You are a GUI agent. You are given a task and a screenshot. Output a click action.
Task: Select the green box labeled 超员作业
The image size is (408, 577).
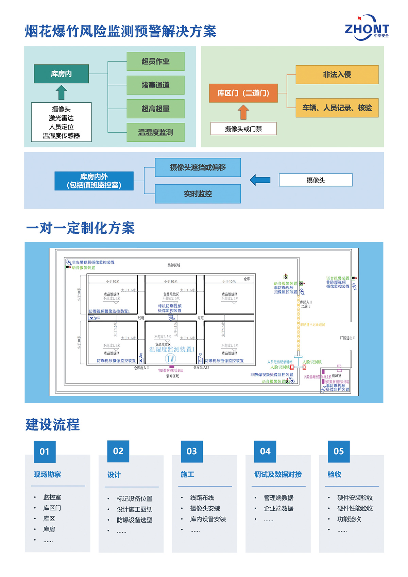point(155,62)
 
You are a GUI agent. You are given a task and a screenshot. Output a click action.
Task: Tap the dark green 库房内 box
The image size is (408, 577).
point(61,74)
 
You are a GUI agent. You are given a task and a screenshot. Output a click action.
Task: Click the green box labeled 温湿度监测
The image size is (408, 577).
point(155,132)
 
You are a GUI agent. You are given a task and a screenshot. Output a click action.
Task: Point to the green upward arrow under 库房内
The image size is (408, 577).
point(61,92)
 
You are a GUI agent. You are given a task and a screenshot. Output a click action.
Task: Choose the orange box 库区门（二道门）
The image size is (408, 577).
point(243,93)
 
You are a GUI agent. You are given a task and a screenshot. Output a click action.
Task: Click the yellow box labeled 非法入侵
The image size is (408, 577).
point(337,74)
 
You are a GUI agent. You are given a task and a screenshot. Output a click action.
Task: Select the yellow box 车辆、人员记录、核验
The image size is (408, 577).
point(337,108)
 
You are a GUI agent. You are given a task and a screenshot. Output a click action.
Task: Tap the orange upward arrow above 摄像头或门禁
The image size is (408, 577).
point(243,112)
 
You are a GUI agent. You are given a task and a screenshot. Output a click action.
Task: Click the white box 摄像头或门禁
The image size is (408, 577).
point(243,129)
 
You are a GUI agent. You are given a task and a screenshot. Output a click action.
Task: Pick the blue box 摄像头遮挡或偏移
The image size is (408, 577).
point(198,167)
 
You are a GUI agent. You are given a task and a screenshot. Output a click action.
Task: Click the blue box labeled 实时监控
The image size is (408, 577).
point(198,194)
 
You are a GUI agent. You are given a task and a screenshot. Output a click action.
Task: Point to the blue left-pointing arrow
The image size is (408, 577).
point(260,180)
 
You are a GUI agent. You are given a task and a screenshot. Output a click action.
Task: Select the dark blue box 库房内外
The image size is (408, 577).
point(94,181)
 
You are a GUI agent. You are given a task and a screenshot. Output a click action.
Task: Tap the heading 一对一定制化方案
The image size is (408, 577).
point(81,228)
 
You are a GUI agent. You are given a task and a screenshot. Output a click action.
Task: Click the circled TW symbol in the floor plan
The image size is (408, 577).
point(170,358)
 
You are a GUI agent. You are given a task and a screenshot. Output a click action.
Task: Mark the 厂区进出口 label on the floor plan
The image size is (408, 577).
point(347,338)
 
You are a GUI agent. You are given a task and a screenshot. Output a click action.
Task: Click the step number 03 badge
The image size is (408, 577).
point(192,451)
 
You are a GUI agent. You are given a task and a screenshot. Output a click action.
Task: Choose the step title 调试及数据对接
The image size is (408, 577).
point(278,474)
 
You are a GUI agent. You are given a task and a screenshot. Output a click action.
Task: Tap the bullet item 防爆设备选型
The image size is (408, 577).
point(134,520)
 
